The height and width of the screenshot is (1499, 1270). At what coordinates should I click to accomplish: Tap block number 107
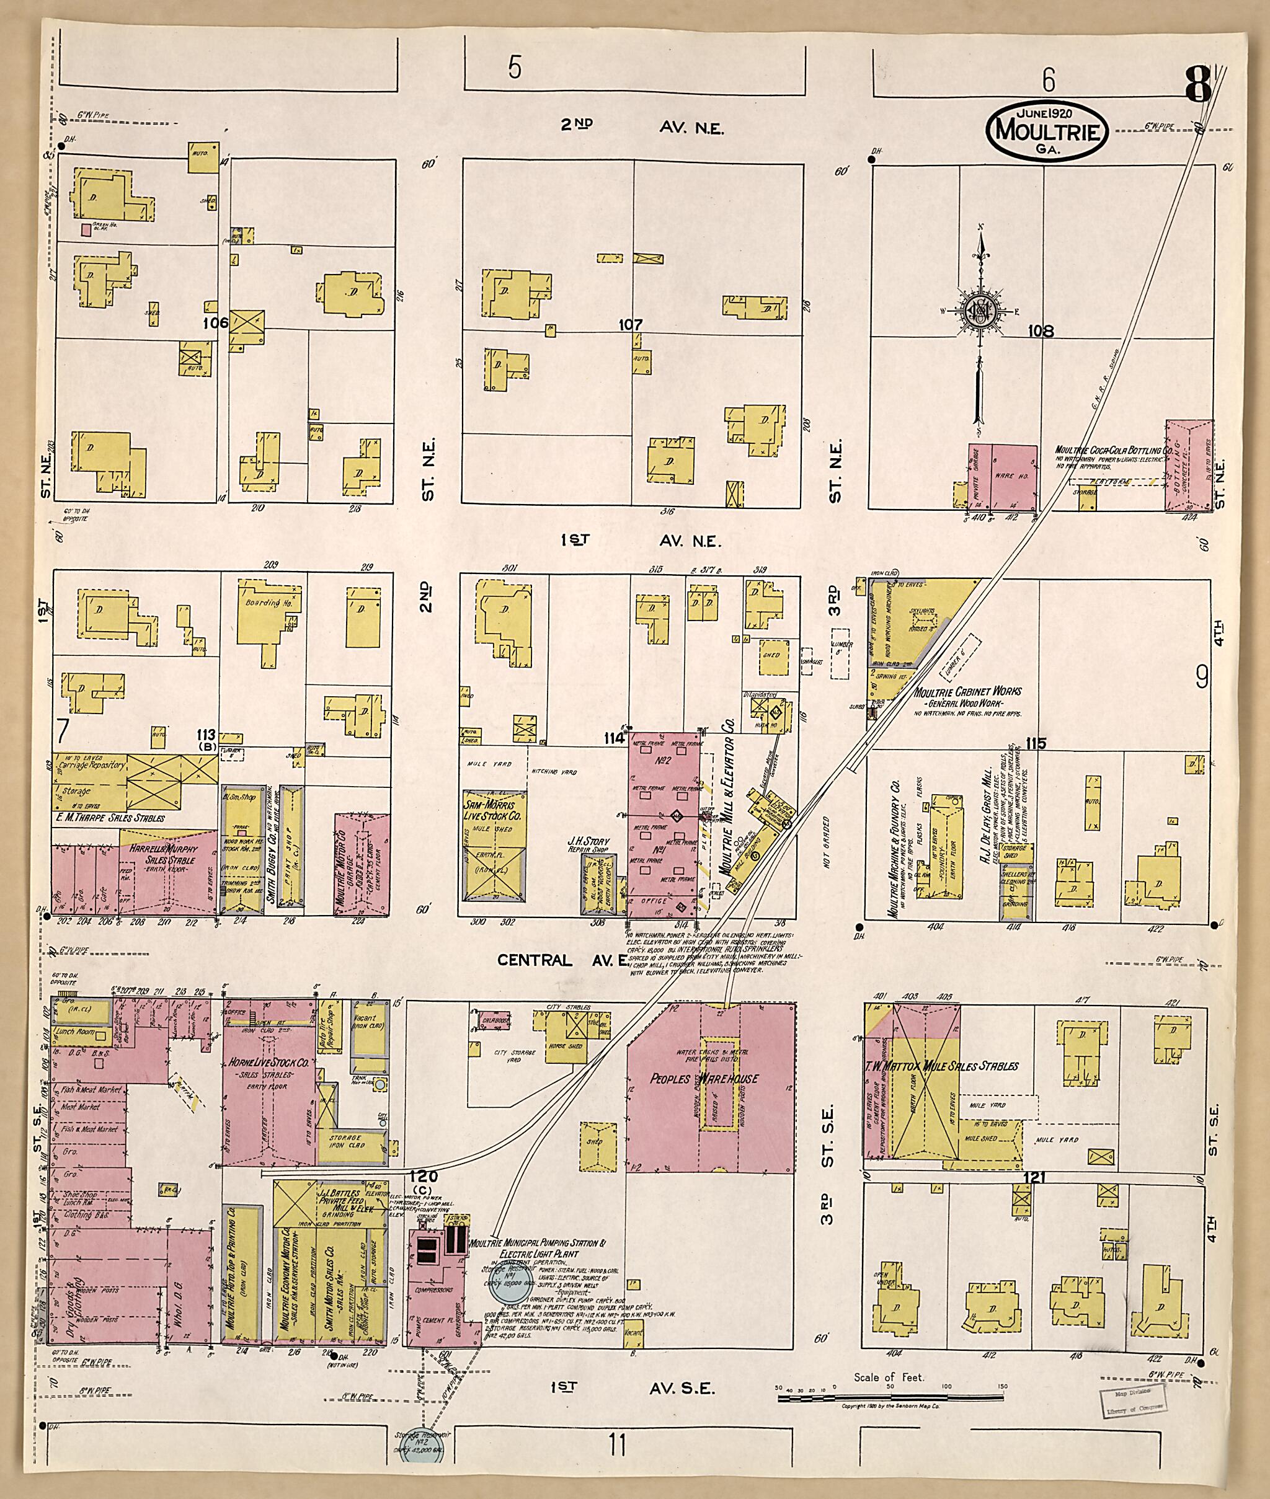point(630,325)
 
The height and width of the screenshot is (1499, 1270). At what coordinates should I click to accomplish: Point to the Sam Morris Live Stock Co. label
point(493,809)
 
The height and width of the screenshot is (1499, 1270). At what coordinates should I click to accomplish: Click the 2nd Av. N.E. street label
point(642,127)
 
